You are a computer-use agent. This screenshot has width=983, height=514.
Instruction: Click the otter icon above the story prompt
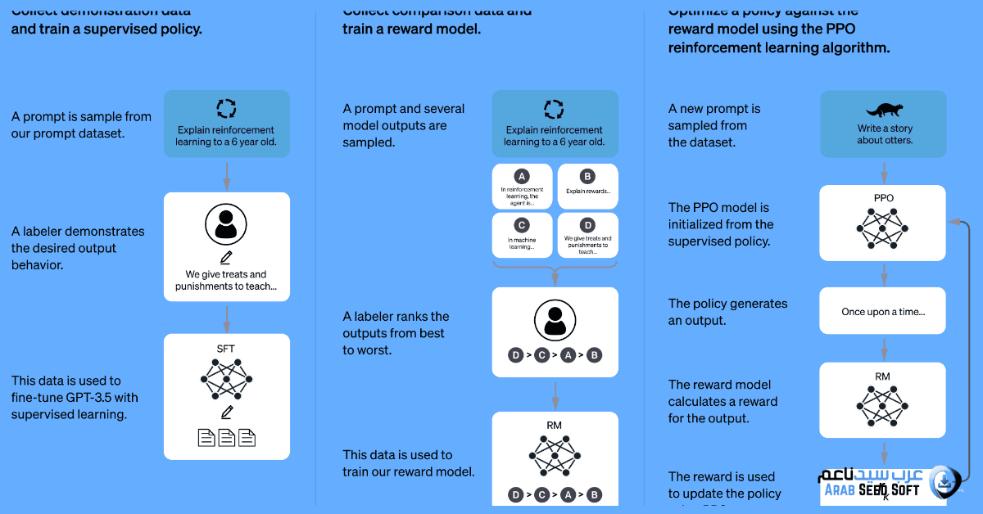click(883, 110)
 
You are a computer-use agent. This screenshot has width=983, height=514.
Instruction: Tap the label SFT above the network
click(226, 349)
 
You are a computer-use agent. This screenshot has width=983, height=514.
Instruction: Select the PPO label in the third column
click(883, 198)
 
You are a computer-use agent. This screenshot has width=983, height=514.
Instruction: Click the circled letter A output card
click(522, 187)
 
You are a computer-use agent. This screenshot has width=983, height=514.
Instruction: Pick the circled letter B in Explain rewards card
click(587, 176)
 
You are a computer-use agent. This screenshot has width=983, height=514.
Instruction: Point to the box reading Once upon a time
click(883, 311)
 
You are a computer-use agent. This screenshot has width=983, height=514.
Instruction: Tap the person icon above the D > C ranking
click(555, 320)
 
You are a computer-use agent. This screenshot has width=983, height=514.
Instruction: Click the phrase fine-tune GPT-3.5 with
click(75, 398)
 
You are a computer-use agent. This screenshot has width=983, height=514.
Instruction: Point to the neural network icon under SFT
click(226, 379)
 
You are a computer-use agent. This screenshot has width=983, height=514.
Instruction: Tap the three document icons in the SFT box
click(227, 438)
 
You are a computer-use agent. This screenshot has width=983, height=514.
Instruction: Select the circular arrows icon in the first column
click(226, 109)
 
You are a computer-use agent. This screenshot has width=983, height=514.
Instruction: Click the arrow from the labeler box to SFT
click(226, 317)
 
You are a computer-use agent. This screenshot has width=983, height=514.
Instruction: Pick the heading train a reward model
click(411, 29)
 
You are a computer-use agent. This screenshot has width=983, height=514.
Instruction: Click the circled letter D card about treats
click(587, 235)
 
